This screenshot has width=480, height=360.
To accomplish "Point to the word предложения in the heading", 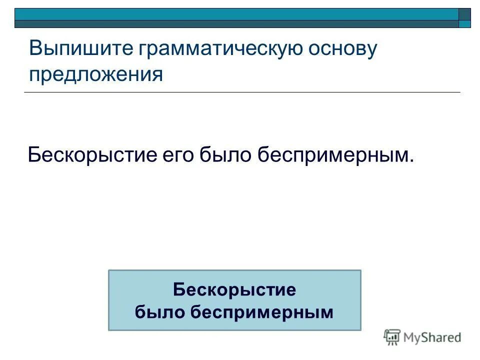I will (96, 74).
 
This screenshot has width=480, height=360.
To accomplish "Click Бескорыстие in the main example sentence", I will (92, 154).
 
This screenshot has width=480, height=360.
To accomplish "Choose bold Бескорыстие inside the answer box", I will (234, 289).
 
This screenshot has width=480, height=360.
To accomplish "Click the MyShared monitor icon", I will (392, 337).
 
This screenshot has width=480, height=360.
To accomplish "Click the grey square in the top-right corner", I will (465, 14).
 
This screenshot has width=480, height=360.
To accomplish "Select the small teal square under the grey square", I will (465, 23).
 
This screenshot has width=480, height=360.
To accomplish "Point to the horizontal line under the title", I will (242, 92).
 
